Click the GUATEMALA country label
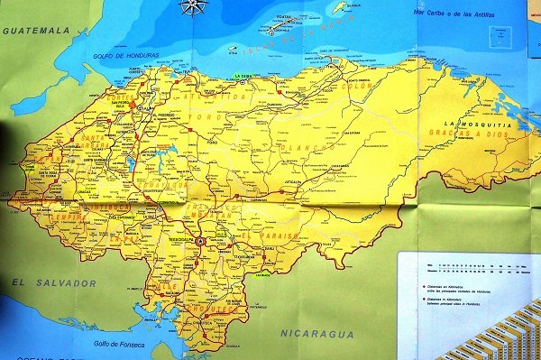36,30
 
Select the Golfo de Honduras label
132,56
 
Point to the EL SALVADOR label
53,283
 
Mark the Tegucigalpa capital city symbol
200,241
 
